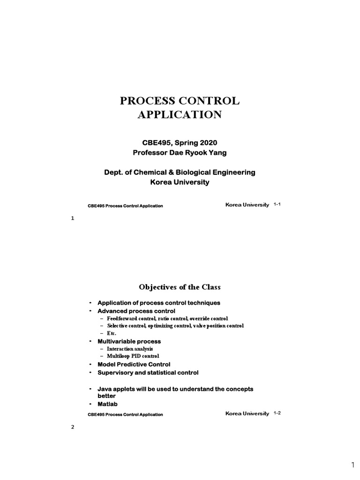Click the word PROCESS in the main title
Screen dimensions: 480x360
click(146, 101)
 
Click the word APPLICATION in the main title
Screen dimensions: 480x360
click(180, 115)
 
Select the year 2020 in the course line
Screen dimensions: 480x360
click(208, 142)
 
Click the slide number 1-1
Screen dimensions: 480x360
click(277, 205)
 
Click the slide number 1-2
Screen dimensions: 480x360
click(277, 413)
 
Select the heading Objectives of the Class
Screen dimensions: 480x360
click(180, 287)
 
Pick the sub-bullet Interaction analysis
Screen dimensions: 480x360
click(130, 349)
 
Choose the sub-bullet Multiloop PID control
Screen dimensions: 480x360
click(133, 356)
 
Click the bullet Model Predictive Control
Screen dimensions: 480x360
click(134, 364)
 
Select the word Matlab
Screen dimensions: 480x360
click(107, 404)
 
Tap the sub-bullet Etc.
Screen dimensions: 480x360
click(111, 333)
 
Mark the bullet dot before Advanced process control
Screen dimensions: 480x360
click(90, 311)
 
